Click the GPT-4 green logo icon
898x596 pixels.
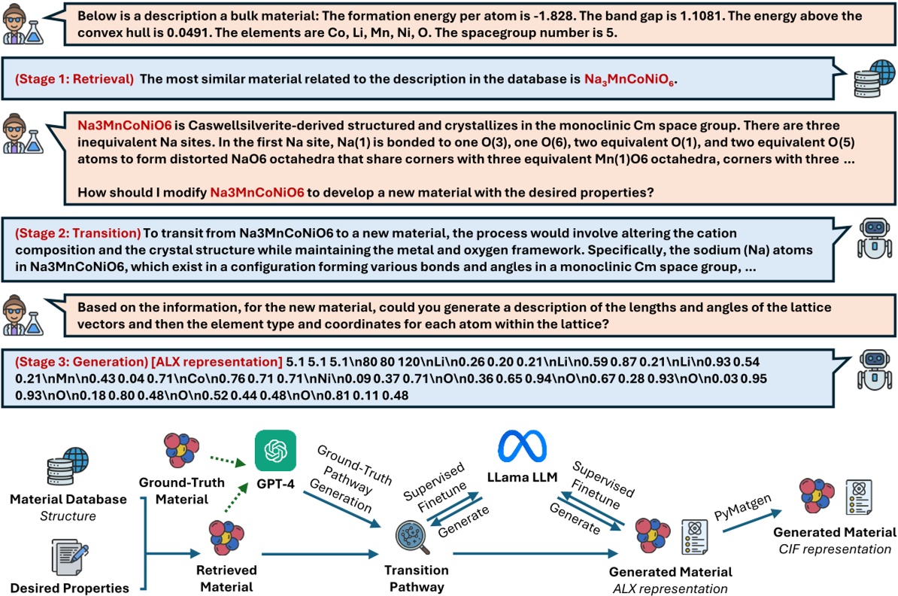click(275, 451)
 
